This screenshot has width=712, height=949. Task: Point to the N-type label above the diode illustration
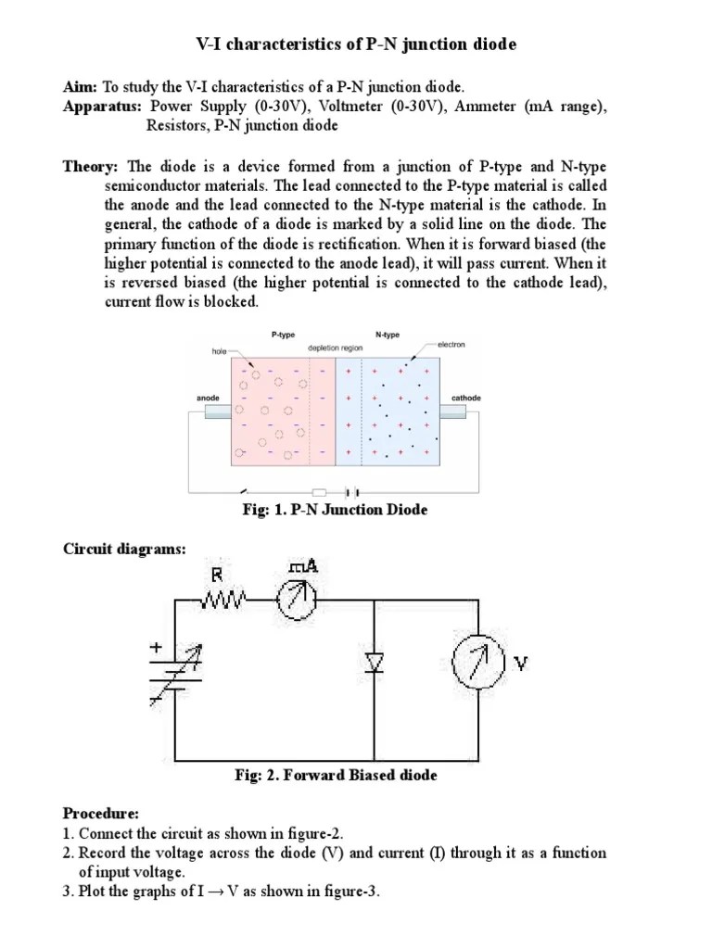point(388,332)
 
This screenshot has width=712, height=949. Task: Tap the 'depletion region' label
point(335,347)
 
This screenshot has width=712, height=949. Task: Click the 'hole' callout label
point(219,351)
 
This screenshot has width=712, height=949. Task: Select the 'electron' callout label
point(451,345)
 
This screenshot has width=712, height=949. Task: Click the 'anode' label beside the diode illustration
point(208,398)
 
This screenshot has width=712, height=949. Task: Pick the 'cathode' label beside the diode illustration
point(466,398)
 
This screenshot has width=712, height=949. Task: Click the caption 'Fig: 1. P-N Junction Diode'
point(334,511)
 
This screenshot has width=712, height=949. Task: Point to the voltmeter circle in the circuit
point(477,662)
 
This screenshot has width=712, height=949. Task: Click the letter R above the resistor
point(217,575)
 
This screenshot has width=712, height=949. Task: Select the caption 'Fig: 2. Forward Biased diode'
point(336,776)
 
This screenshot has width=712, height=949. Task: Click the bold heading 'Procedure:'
point(101,813)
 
